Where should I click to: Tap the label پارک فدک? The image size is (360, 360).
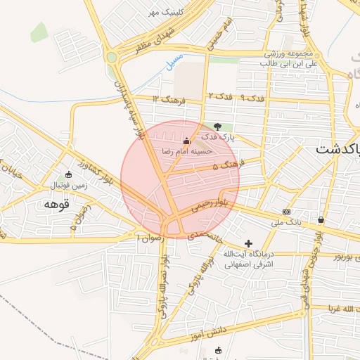coord(219,138)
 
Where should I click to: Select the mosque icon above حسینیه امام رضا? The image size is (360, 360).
coord(186,140)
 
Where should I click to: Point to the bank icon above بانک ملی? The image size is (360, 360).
coord(286,211)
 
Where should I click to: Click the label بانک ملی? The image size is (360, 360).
coord(286,221)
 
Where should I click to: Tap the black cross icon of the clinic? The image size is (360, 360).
coord(248,243)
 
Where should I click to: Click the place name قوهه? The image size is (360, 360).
coord(53,204)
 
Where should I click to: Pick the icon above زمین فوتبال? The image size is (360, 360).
coord(68,175)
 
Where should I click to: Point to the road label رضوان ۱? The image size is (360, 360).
coord(146,239)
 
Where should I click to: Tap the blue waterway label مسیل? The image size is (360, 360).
coord(174,61)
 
